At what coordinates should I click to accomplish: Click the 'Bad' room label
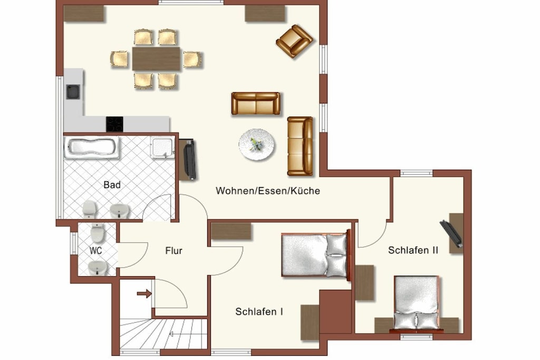pyautogui.click(x=112, y=185)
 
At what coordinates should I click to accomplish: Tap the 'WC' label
pyautogui.click(x=96, y=250)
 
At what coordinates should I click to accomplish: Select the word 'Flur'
pyautogui.click(x=173, y=250)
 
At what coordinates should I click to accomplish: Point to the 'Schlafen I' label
pyautogui.click(x=259, y=312)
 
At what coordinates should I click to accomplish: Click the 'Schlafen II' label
pyautogui.click(x=413, y=250)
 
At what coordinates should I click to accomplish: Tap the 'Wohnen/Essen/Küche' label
pyautogui.click(x=268, y=191)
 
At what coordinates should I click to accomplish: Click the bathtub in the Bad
pyautogui.click(x=92, y=147)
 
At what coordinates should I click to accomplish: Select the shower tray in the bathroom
pyautogui.click(x=162, y=147)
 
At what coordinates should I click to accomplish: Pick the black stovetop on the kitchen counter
pyautogui.click(x=114, y=124)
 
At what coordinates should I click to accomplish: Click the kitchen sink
pyautogui.click(x=73, y=92)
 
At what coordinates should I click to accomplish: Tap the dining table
pyautogui.click(x=156, y=59)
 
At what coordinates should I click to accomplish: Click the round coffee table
pyautogui.click(x=257, y=144)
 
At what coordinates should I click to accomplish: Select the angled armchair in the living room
pyautogui.click(x=294, y=41)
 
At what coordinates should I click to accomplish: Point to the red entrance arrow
pyautogui.click(x=144, y=294)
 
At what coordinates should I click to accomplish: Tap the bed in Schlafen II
pyautogui.click(x=417, y=304)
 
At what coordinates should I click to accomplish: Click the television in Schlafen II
pyautogui.click(x=451, y=234)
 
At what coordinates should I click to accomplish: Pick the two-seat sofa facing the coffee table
pyautogui.click(x=256, y=104)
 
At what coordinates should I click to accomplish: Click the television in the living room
pyautogui.click(x=190, y=159)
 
